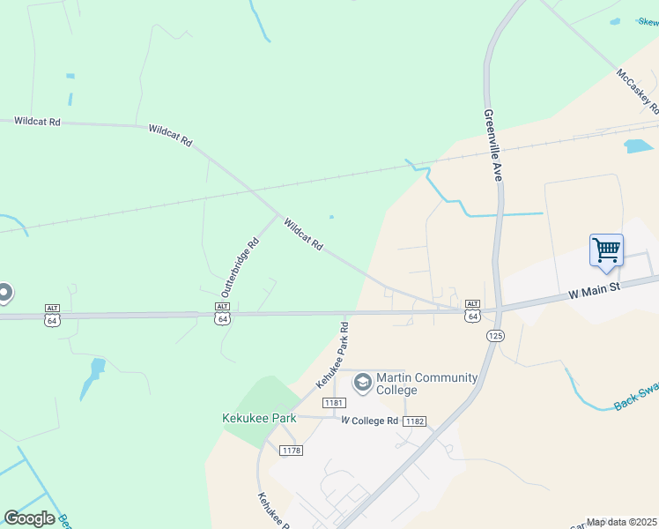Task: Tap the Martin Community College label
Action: pyautogui.click(x=426, y=384)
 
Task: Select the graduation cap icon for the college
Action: pyautogui.click(x=362, y=383)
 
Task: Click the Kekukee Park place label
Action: pyautogui.click(x=259, y=418)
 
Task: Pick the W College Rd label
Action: pyautogui.click(x=370, y=421)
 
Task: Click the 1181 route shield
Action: pyautogui.click(x=332, y=403)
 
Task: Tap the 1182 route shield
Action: pyautogui.click(x=415, y=421)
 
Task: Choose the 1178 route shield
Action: pyautogui.click(x=291, y=451)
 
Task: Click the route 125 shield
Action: pyautogui.click(x=494, y=336)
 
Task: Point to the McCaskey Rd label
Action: pyautogui.click(x=638, y=93)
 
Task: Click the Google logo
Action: pyautogui.click(x=29, y=518)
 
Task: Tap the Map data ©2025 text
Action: pyautogui.click(x=622, y=522)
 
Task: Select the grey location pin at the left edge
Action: pyautogui.click(x=4, y=293)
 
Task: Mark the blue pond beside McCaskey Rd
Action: pyautogui.click(x=638, y=145)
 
